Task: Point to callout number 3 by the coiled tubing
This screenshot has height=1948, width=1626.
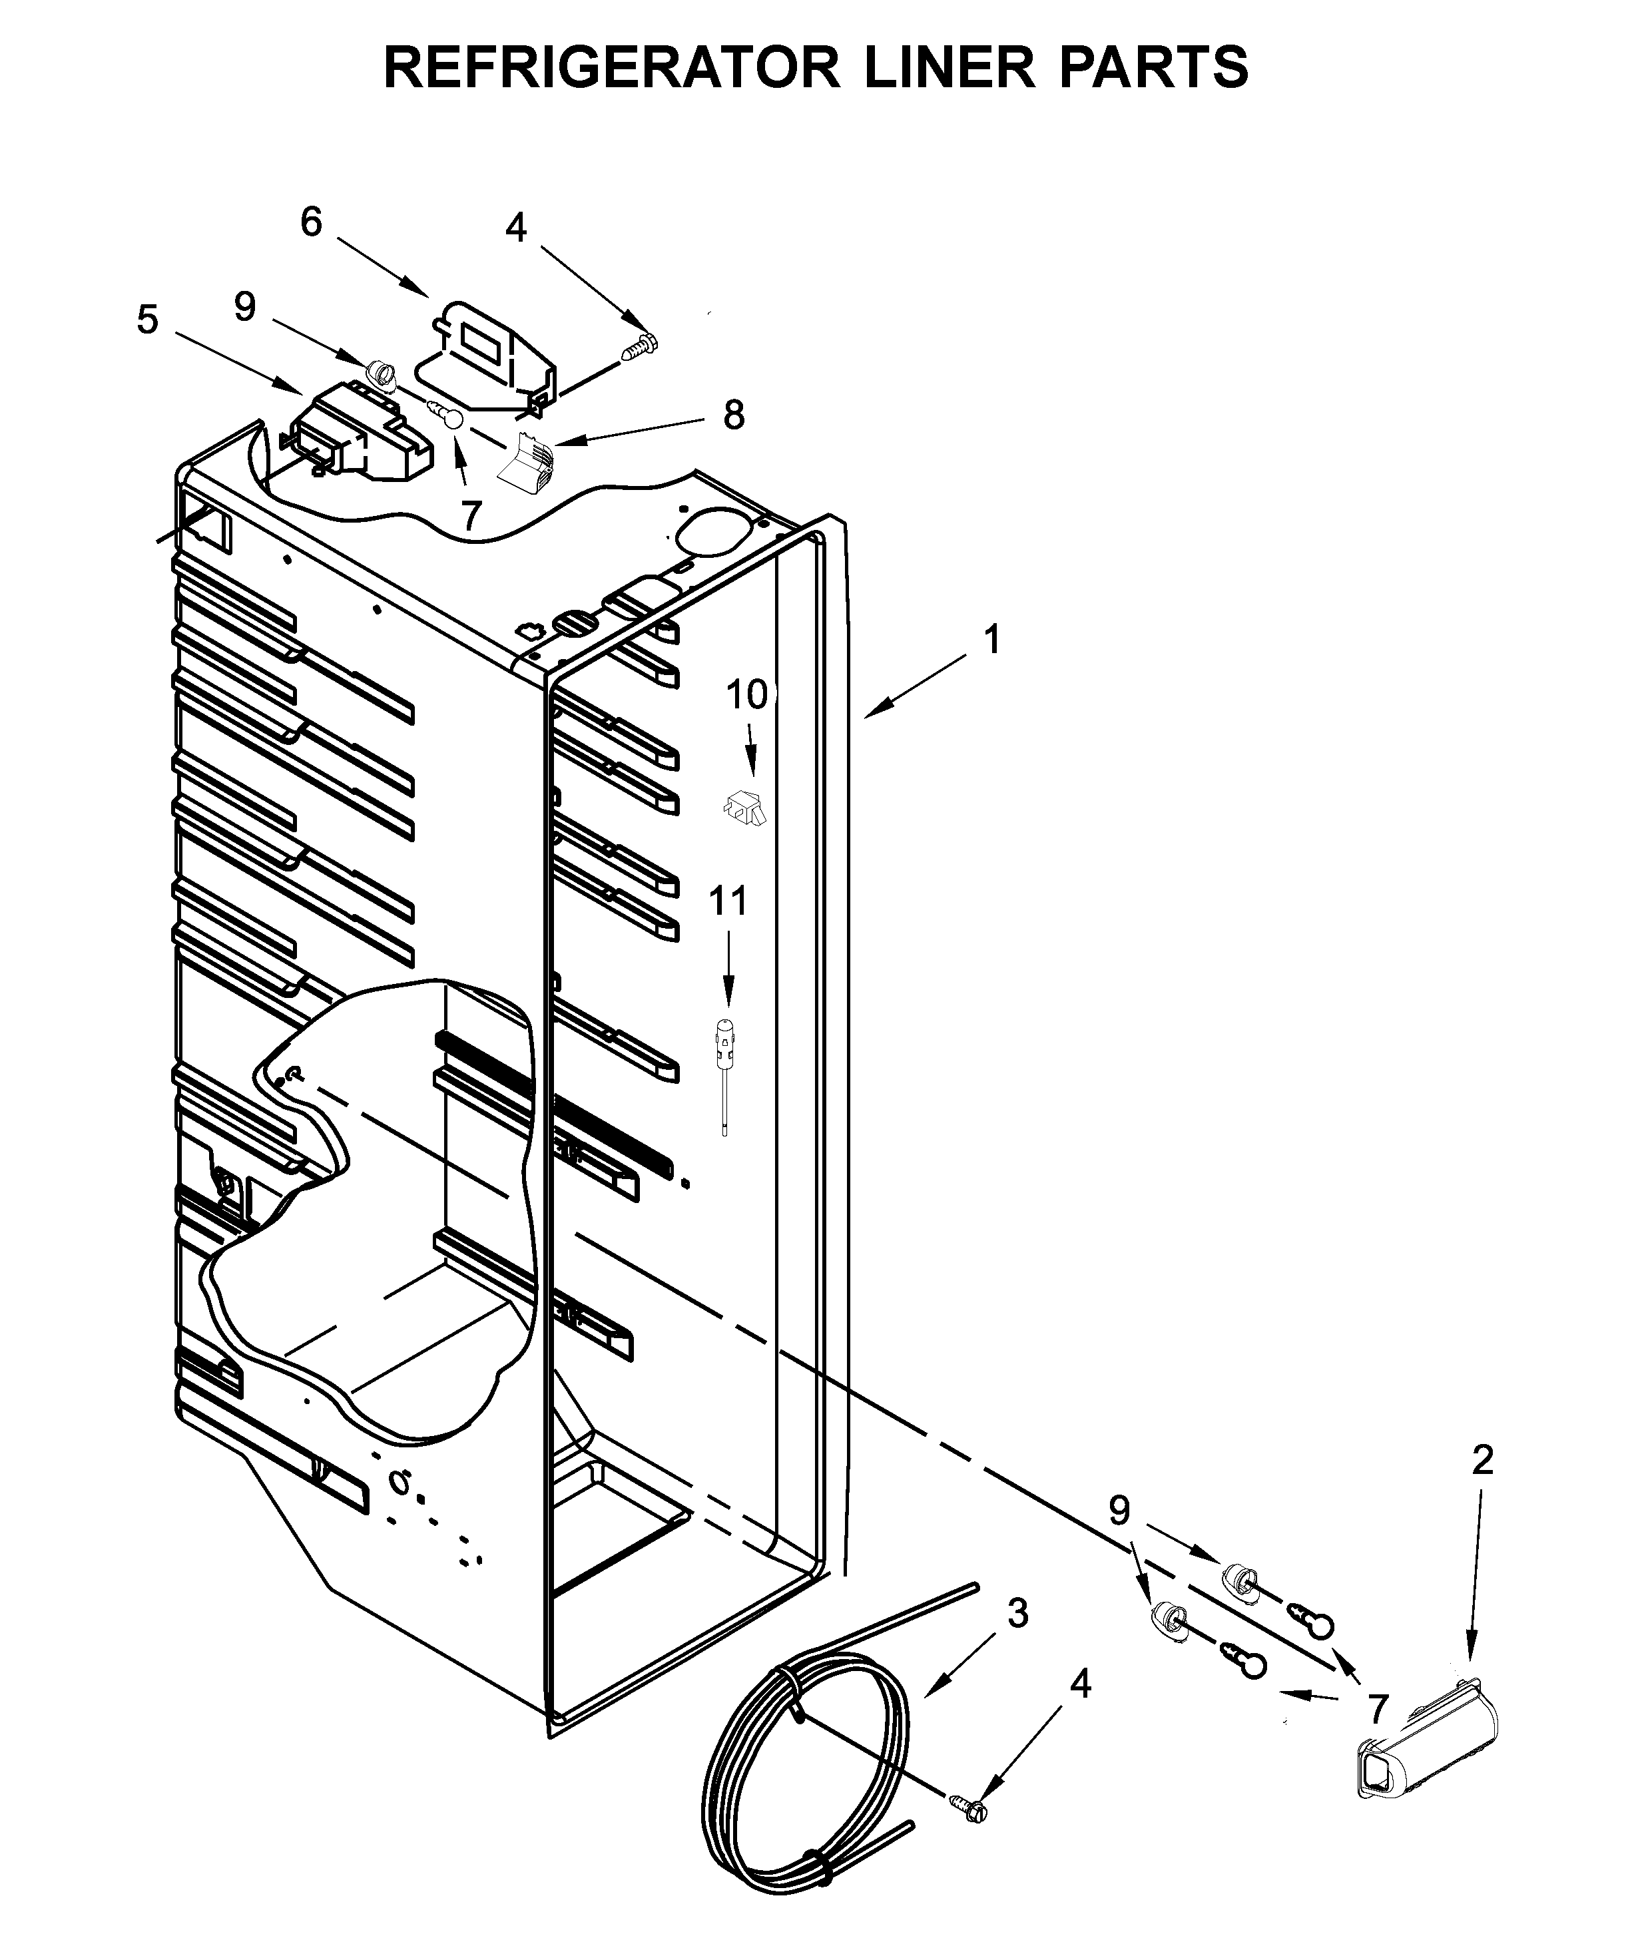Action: pyautogui.click(x=1017, y=1614)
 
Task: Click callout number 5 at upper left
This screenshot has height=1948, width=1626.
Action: pyautogui.click(x=147, y=320)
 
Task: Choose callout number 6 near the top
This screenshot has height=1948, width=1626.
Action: pyautogui.click(x=311, y=222)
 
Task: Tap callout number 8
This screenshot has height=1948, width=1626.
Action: pyautogui.click(x=734, y=415)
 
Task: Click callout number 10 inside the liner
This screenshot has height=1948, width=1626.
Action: pyautogui.click(x=746, y=695)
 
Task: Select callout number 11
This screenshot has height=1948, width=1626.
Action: pyautogui.click(x=728, y=901)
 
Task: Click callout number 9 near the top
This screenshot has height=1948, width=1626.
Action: pyautogui.click(x=244, y=307)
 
